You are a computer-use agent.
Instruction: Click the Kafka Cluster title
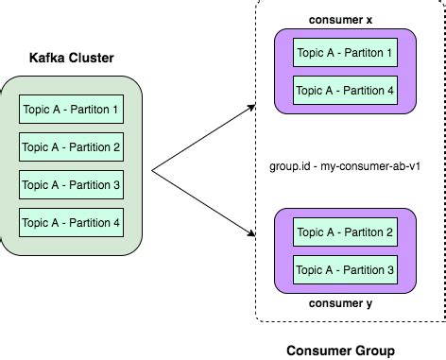coord(73,59)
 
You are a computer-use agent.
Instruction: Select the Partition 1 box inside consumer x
coord(344,53)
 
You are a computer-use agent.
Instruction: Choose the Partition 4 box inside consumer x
coord(344,92)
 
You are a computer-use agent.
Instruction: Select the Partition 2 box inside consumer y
coord(344,232)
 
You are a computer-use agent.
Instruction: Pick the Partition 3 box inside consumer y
coord(344,270)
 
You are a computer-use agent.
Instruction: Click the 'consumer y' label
coord(341,304)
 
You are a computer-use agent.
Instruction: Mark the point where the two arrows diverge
coord(153,171)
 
